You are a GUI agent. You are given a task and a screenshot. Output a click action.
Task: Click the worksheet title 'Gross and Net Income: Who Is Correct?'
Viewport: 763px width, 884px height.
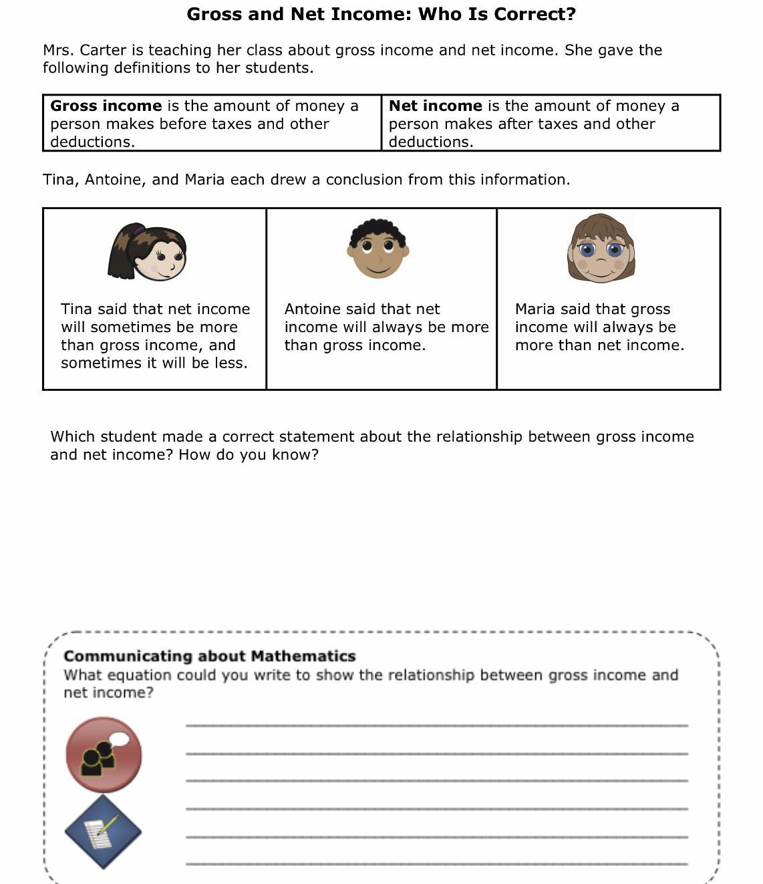pyautogui.click(x=381, y=14)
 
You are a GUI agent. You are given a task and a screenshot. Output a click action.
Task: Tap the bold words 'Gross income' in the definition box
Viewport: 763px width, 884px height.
pyautogui.click(x=106, y=106)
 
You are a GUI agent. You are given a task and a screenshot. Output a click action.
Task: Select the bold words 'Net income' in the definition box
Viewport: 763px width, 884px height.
pyautogui.click(x=435, y=106)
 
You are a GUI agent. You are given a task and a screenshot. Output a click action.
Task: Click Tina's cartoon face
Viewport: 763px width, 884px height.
pyautogui.click(x=160, y=254)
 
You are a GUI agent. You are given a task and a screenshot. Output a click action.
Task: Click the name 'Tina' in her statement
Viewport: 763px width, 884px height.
pyautogui.click(x=76, y=309)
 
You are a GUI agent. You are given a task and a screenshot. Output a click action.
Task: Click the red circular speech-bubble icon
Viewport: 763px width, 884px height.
pyautogui.click(x=104, y=755)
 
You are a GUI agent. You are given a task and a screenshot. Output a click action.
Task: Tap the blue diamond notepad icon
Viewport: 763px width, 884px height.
pyautogui.click(x=103, y=833)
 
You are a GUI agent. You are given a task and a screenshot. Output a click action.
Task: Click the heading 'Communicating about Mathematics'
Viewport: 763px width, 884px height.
pyautogui.click(x=209, y=656)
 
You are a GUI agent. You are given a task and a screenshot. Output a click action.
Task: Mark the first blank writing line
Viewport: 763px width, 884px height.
pyautogui.click(x=436, y=724)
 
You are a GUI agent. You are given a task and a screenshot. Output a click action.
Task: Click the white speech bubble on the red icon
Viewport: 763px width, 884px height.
pyautogui.click(x=120, y=740)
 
